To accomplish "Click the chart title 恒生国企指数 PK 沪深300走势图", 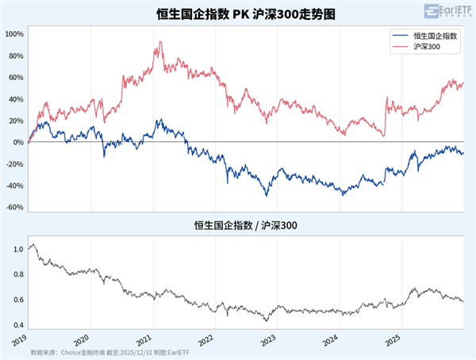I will (x=238, y=13).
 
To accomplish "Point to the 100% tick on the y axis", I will (x=15, y=35).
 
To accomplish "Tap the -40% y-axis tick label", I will (x=15, y=186).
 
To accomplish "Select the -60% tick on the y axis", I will (x=15, y=208).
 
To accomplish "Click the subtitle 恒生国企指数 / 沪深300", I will (x=238, y=226).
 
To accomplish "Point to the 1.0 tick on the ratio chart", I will (x=18, y=249).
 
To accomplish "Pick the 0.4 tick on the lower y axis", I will (x=18, y=325).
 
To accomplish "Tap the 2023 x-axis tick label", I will (x=271, y=339).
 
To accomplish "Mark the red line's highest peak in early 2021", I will (x=160, y=42).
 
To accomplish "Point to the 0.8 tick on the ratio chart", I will (x=18, y=274).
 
